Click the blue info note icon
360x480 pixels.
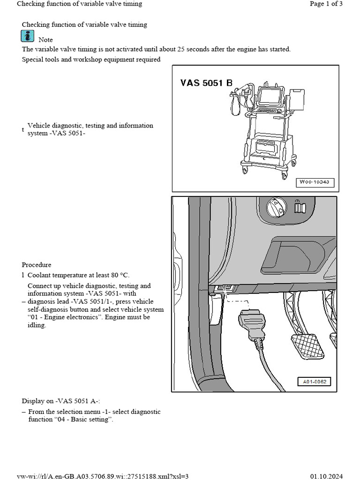tap(28, 36)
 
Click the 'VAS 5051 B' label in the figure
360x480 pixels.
tap(206, 83)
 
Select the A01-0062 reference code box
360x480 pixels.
tap(314, 382)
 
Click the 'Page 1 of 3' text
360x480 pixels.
tap(326, 4)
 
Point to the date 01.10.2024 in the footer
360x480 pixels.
tap(327, 476)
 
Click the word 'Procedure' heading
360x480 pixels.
tap(37, 265)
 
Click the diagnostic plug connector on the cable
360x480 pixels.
tap(252, 323)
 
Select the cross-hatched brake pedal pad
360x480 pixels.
tap(307, 346)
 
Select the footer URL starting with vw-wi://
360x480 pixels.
tap(103, 476)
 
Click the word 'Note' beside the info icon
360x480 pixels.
tap(45, 40)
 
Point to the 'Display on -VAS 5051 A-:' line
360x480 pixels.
tap(61, 401)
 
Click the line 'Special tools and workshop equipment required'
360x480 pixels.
tap(91, 60)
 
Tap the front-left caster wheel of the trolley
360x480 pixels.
tap(245, 170)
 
